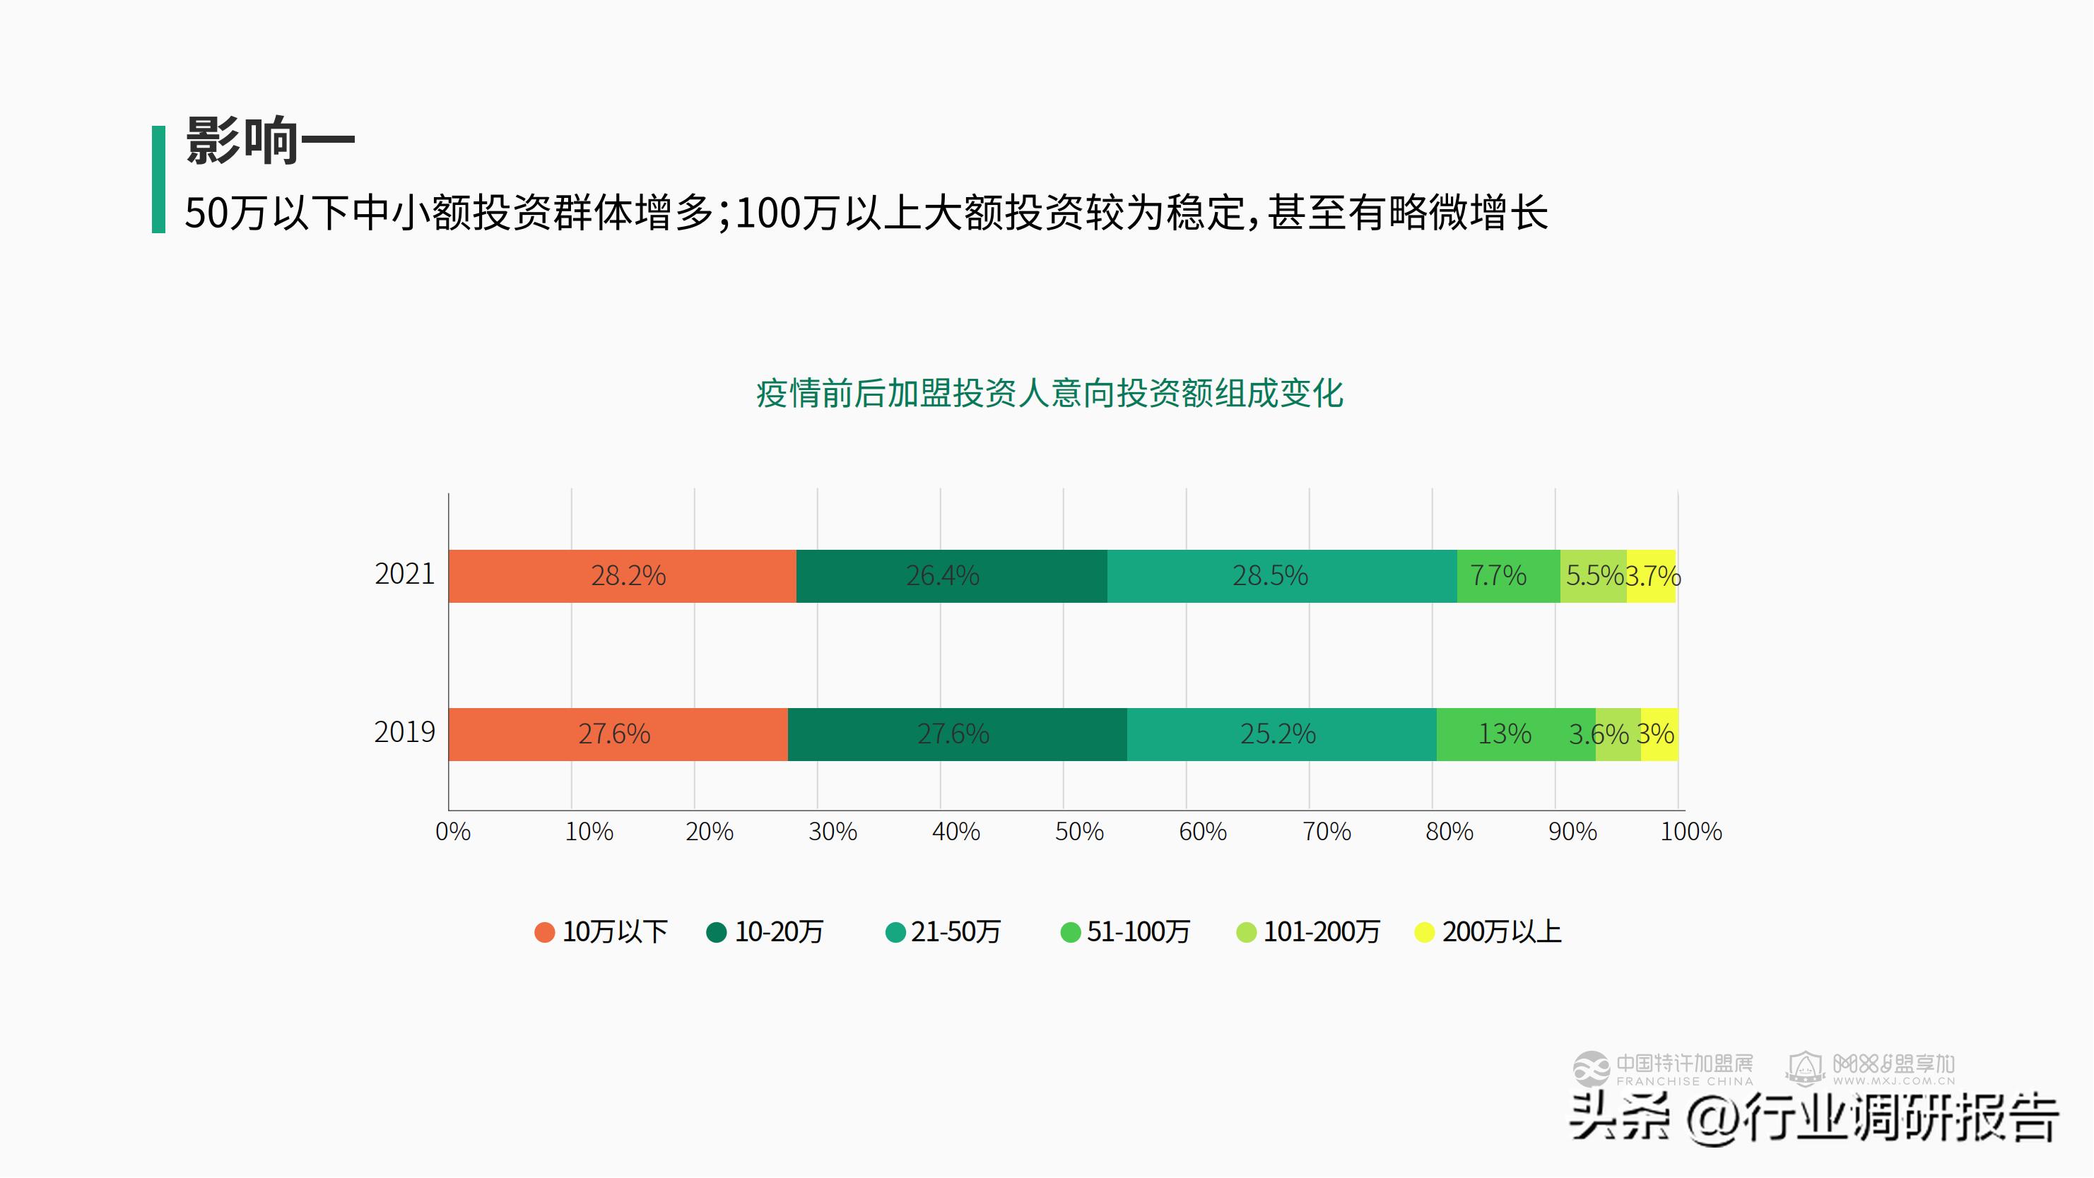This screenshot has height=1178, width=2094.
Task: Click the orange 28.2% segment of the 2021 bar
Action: [x=623, y=576]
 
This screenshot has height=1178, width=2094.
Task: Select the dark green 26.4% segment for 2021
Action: [x=951, y=576]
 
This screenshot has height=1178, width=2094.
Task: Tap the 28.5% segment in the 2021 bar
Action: [x=1281, y=576]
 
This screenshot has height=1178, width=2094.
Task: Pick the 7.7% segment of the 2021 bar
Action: [x=1508, y=576]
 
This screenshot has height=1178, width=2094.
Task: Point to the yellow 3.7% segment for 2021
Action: [x=1651, y=576]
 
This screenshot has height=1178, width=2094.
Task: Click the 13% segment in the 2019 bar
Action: [x=1515, y=734]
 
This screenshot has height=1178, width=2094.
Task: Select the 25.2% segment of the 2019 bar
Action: [x=1281, y=734]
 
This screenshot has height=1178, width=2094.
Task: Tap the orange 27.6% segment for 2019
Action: [x=618, y=734]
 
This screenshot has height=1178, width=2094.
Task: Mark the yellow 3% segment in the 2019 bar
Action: [x=1659, y=734]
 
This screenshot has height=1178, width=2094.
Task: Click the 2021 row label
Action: [x=404, y=574]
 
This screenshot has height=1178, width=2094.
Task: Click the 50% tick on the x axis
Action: [x=1078, y=832]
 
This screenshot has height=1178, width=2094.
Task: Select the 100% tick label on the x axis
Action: [x=1690, y=832]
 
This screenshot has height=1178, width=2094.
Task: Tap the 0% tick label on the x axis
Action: [x=453, y=832]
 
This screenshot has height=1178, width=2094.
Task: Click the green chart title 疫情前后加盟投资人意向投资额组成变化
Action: [x=1049, y=394]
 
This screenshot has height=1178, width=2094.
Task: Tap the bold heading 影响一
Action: [x=271, y=141]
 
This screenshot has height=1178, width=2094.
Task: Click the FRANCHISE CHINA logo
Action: [x=1663, y=1069]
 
